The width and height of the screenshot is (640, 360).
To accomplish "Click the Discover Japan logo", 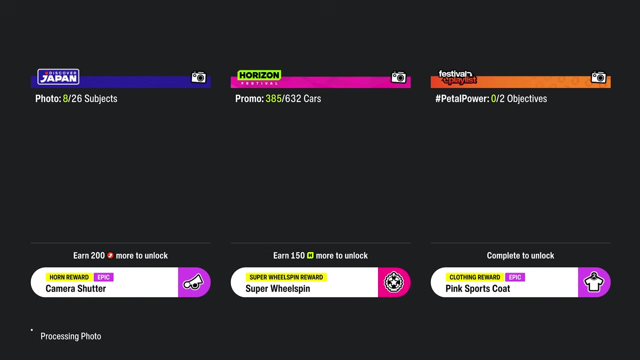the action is (x=58, y=76).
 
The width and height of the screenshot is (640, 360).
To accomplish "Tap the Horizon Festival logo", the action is (x=259, y=77).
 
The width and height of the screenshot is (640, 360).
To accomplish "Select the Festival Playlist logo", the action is (x=457, y=77).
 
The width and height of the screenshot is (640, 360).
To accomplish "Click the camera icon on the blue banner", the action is (x=198, y=77).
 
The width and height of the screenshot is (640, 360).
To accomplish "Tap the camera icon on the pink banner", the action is (x=398, y=77).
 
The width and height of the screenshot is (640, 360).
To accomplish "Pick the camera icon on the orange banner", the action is (x=598, y=77).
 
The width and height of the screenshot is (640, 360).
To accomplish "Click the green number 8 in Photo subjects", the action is (x=65, y=98).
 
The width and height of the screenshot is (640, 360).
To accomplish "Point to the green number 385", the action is (x=273, y=98).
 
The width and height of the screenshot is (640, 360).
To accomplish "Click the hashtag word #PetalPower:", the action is (x=462, y=98).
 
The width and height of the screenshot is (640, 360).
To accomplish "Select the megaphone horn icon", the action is (x=193, y=282).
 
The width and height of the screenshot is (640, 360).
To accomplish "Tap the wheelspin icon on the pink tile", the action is (x=393, y=282).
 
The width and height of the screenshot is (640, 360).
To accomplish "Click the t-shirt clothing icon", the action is (x=593, y=282).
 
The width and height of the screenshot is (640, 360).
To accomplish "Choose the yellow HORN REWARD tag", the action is (x=69, y=277).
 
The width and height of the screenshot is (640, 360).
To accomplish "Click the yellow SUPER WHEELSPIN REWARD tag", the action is (x=286, y=277).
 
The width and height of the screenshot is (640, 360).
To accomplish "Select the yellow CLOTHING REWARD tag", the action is (x=474, y=277).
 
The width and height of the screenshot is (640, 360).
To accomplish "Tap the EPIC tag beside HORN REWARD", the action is (x=103, y=277).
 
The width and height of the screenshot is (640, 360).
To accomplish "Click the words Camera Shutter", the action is (x=75, y=288).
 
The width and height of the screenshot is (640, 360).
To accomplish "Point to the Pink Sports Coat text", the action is (x=477, y=288).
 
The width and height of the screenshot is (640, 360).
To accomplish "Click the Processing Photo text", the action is (x=71, y=336).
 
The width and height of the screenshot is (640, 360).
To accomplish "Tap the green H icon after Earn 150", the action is (x=310, y=255).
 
